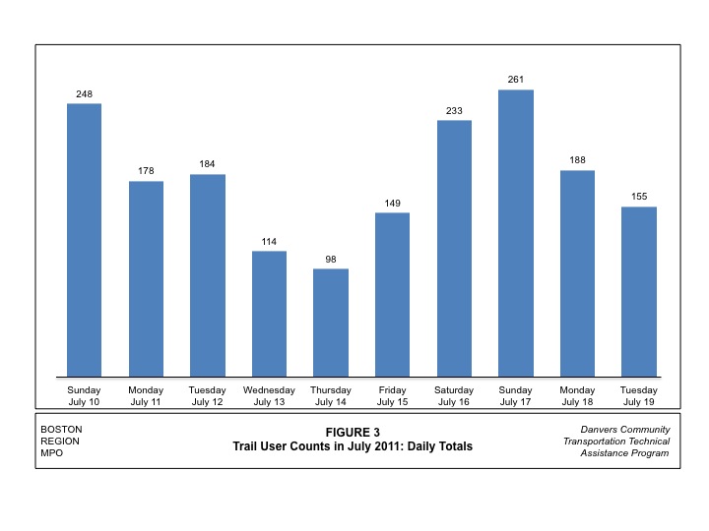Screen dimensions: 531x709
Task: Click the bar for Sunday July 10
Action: pos(84,240)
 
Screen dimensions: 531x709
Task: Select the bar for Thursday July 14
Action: pos(331,323)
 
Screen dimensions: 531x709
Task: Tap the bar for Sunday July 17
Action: pos(516,233)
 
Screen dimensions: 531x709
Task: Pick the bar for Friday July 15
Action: pos(392,294)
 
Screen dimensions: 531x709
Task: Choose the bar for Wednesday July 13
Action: pos(269,314)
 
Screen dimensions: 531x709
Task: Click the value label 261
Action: pos(516,79)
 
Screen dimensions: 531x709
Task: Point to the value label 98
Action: pos(331,259)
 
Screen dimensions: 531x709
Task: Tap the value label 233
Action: pos(454,111)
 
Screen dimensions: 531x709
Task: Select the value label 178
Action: pos(146,171)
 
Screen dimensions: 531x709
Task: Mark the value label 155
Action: pos(639,197)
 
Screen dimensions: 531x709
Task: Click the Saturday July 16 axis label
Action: pos(454,396)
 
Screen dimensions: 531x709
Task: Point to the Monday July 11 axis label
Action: pos(146,396)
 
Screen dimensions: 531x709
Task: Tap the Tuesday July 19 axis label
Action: pos(639,396)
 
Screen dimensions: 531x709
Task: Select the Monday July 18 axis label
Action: pos(577,396)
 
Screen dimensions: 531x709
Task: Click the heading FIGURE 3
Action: pos(353,432)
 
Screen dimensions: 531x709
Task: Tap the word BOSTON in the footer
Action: pos(61,430)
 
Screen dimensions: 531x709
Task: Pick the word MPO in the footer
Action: pos(51,453)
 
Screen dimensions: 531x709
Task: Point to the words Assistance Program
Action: pos(625,453)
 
